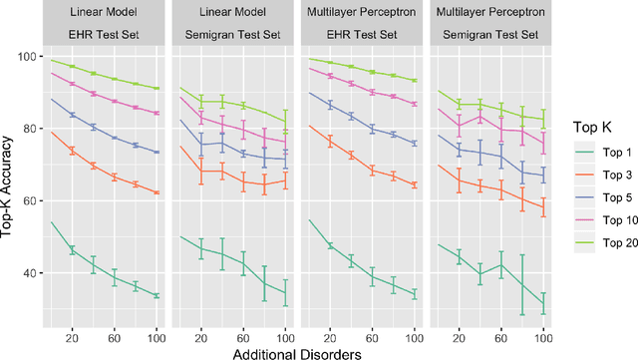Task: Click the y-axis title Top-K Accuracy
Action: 9,189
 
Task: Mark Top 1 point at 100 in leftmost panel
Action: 157,295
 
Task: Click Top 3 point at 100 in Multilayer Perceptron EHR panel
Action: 415,184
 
